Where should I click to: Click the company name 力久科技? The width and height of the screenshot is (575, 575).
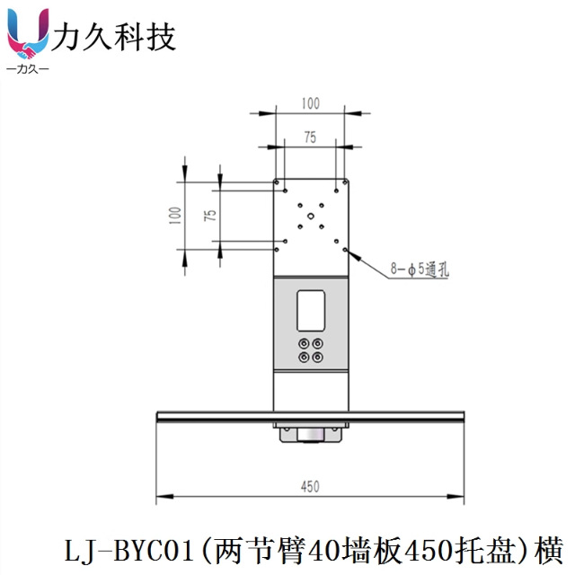[114, 37]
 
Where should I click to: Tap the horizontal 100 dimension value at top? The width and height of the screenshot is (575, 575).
[310, 103]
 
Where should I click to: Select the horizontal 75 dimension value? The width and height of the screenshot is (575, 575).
[310, 137]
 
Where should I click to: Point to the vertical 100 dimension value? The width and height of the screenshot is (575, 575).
[174, 215]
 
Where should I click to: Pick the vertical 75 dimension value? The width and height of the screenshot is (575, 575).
[208, 215]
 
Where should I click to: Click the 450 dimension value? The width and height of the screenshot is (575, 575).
[310, 486]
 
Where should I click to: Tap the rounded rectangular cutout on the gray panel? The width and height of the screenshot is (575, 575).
[311, 308]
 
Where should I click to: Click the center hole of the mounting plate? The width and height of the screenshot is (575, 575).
[311, 216]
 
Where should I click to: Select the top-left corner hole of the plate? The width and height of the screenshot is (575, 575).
[284, 190]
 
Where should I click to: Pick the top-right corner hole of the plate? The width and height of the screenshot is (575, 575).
[338, 190]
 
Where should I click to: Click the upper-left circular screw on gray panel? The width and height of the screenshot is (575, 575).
[303, 343]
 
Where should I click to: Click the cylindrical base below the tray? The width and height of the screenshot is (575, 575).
[311, 436]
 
